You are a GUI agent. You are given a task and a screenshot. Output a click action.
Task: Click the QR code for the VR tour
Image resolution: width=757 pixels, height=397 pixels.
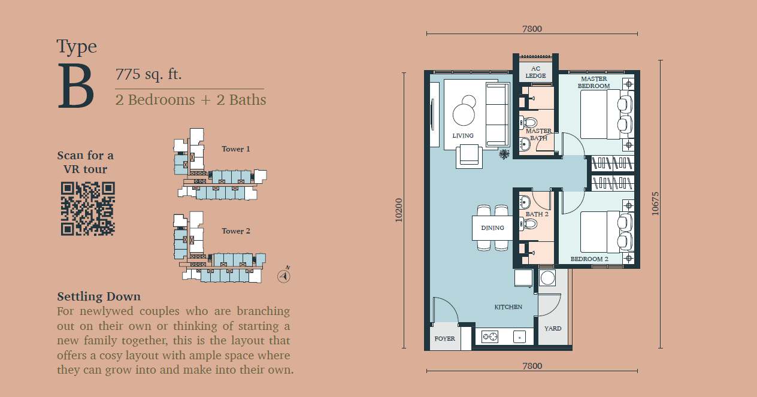(88, 208)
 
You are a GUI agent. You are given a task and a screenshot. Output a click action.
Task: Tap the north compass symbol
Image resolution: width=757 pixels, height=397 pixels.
(284, 275)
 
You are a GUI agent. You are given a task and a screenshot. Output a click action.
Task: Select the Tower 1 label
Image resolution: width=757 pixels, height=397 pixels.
(236, 149)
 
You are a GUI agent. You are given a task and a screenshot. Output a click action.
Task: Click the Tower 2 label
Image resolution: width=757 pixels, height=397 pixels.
(236, 231)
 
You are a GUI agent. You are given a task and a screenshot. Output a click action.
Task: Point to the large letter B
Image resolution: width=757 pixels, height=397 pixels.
(75, 86)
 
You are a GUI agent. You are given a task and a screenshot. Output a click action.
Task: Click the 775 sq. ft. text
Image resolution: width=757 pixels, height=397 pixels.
(149, 74)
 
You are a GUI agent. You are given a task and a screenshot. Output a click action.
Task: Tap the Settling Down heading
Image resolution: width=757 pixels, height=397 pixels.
(99, 296)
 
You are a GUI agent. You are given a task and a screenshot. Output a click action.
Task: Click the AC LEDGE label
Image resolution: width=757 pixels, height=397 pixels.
(535, 72)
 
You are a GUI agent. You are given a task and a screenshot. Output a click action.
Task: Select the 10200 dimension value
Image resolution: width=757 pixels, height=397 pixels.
(399, 210)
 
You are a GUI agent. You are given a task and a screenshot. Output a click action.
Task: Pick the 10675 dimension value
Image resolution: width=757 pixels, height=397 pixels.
(655, 204)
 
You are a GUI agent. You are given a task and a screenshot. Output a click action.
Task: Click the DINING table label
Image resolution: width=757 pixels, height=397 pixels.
(492, 228)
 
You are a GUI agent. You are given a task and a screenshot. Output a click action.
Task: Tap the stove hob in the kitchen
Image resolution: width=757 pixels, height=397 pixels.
(490, 337)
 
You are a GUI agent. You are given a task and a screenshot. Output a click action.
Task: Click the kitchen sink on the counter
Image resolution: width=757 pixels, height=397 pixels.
(519, 337)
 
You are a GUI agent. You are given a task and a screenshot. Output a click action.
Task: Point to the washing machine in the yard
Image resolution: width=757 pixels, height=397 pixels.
(547, 278)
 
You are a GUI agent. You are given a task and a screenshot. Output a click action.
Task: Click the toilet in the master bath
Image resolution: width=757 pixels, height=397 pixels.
(528, 122)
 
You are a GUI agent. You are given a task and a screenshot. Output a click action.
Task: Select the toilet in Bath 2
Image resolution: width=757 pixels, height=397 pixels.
(528, 224)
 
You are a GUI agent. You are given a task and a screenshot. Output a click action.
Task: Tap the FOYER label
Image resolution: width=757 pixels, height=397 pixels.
(445, 338)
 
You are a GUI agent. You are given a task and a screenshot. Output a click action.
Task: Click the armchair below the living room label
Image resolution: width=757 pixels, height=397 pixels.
(469, 156)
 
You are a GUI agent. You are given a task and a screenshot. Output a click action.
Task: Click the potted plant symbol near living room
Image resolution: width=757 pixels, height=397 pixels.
(504, 154)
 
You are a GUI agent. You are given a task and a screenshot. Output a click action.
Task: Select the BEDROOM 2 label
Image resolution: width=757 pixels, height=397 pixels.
(589, 259)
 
